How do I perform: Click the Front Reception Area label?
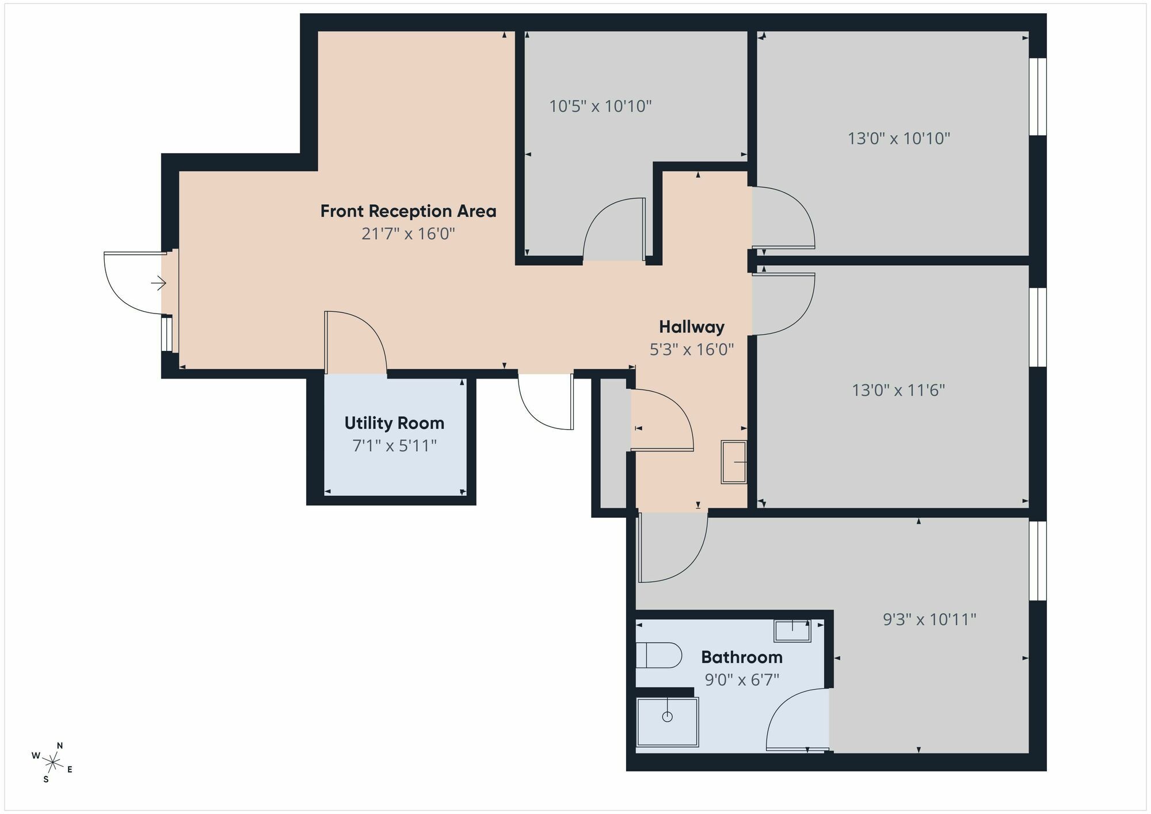pyautogui.click(x=408, y=211)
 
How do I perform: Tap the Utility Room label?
pyautogui.click(x=394, y=423)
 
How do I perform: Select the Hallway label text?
pyautogui.click(x=692, y=327)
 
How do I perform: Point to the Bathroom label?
pyautogui.click(x=742, y=657)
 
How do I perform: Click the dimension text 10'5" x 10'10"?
pyautogui.click(x=600, y=106)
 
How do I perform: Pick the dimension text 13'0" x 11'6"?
pyautogui.click(x=898, y=391)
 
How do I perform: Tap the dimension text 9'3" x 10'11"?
pyautogui.click(x=929, y=620)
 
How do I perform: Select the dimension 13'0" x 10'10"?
pyautogui.click(x=899, y=139)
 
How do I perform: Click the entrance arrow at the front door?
pyautogui.click(x=158, y=283)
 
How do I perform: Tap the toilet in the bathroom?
pyautogui.click(x=658, y=655)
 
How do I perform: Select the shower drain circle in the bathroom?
pyautogui.click(x=667, y=717)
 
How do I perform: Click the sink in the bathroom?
pyautogui.click(x=792, y=630)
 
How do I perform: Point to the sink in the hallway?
pyautogui.click(x=734, y=462)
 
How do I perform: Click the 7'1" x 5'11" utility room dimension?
pyautogui.click(x=395, y=446)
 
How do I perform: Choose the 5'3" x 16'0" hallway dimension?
pyautogui.click(x=692, y=349)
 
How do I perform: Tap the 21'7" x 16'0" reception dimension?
pyautogui.click(x=408, y=234)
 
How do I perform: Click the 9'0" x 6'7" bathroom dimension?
pyautogui.click(x=742, y=680)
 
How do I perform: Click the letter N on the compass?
pyautogui.click(x=60, y=746)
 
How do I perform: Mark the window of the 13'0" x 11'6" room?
pyautogui.click(x=1038, y=327)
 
